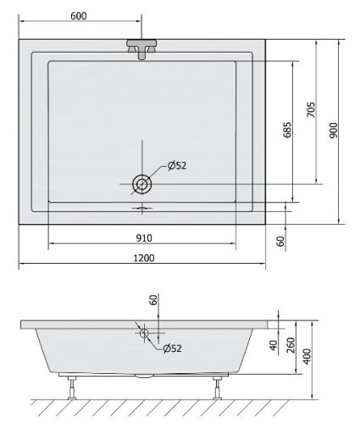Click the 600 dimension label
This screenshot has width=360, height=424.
tap(79, 16)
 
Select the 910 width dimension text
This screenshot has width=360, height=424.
tap(144, 238)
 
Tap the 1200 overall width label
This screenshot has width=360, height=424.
tap(144, 258)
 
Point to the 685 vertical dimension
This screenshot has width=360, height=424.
tap(287, 130)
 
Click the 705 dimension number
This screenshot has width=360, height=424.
tap(311, 110)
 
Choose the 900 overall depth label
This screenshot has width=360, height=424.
tap(334, 131)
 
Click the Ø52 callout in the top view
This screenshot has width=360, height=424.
tap(177, 165)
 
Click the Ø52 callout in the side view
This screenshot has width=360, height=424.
tap(172, 349)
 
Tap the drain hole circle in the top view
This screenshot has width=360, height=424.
tap(142, 184)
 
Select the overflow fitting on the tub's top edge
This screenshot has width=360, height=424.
tap(142, 49)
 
